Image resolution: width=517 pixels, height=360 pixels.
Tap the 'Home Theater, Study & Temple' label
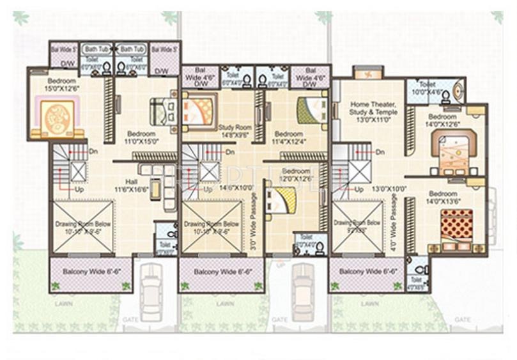(x=373, y=112)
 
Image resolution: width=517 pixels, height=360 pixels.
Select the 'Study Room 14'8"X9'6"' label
(x=235, y=131)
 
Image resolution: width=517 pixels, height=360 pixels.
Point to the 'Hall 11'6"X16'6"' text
(x=130, y=186)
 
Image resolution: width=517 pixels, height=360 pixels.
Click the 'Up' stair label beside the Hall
(x=79, y=190)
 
